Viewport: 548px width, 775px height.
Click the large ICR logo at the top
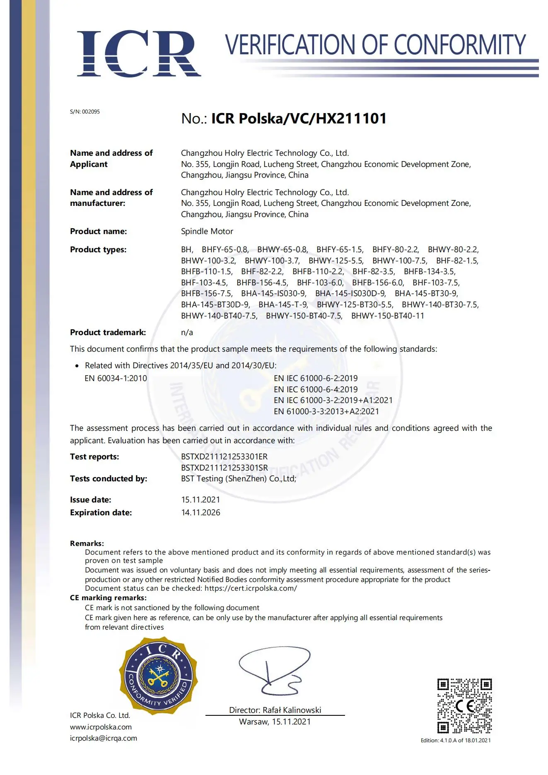point(139,54)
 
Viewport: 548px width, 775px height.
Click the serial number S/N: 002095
point(85,112)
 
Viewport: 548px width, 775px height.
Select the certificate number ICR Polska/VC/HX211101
point(299,118)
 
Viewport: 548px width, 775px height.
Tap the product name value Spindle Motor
point(207,232)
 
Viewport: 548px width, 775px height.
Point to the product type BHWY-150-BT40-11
point(387,316)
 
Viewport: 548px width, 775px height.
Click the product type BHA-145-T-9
point(283,305)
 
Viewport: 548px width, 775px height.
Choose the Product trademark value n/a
point(187,333)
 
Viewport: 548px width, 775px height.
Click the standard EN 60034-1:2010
point(116,378)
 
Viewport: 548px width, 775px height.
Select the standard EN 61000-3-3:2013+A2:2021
point(326,411)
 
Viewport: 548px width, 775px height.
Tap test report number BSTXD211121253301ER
point(224,456)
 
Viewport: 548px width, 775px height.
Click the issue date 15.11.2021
point(200,500)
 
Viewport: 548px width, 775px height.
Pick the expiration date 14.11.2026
point(200,512)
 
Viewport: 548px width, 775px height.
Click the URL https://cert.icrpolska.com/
point(251,588)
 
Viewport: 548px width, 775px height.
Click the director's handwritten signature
point(273,671)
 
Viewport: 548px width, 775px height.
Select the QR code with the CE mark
point(464,705)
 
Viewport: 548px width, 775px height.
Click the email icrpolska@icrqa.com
point(103,738)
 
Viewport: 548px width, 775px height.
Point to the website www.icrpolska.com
point(101,727)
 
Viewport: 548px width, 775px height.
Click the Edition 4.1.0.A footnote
point(455,740)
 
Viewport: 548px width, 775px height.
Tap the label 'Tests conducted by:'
point(109,479)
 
